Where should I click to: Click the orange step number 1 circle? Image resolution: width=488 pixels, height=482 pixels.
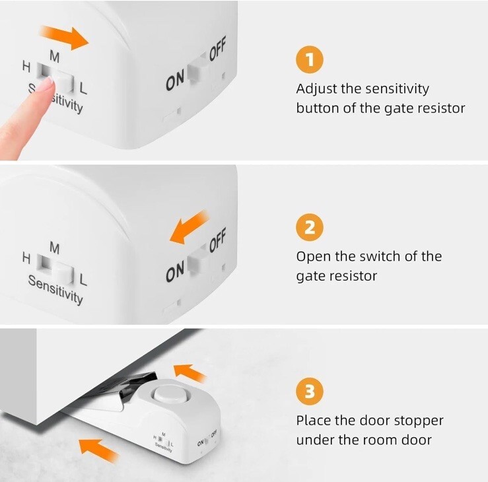[x=310, y=59]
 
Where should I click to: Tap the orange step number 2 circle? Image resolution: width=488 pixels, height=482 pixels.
[x=310, y=227]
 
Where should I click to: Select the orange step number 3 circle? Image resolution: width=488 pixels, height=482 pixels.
[x=310, y=391]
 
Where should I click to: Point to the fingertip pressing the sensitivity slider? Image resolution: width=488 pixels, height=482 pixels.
[x=48, y=83]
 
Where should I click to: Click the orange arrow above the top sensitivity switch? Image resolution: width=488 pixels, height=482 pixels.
[x=65, y=38]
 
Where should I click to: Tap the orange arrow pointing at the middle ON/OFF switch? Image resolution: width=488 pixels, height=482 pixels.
[x=189, y=227]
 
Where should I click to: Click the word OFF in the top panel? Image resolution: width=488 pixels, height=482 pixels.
[x=217, y=48]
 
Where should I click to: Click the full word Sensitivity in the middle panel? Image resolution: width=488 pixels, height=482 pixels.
[x=55, y=289]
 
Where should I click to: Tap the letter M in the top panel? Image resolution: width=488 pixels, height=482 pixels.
[x=54, y=57]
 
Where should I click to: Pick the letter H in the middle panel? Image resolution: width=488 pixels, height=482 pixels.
[x=27, y=258]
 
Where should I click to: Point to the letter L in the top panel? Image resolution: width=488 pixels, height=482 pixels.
[x=83, y=88]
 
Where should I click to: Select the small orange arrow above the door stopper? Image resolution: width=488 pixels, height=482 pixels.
[x=190, y=373]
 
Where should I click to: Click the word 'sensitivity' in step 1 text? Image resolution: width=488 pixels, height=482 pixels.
[x=397, y=89]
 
